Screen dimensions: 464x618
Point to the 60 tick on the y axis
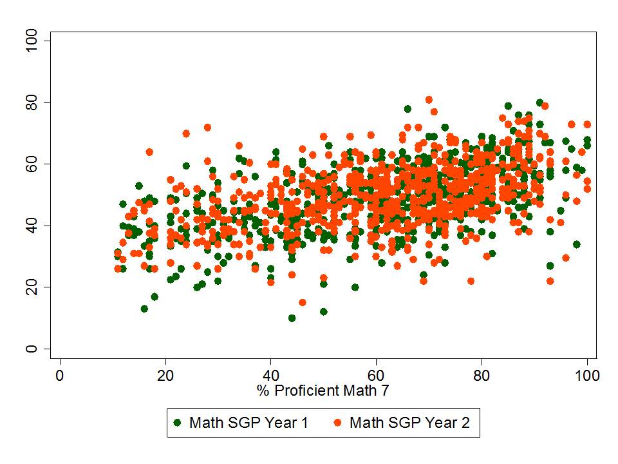point(48,164)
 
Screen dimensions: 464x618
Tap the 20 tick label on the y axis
point(30,287)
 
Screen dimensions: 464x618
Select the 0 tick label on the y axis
point(30,349)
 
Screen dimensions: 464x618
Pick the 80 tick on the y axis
point(48,103)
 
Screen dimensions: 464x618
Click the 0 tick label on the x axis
point(60,373)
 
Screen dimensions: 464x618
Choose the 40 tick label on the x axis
point(271,373)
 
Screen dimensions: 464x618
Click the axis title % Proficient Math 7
point(323,390)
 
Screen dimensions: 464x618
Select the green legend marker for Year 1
point(178,423)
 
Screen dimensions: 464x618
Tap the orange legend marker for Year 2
point(337,423)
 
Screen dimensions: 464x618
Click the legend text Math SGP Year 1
point(248,423)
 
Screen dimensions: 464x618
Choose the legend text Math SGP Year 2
point(409,423)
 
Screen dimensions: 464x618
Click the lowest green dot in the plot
point(292,318)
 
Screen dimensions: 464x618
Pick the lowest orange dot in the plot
point(303,302)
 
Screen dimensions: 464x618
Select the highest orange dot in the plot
point(429,100)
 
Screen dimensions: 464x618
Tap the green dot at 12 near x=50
point(323,312)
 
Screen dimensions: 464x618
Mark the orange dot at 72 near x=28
point(207,128)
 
